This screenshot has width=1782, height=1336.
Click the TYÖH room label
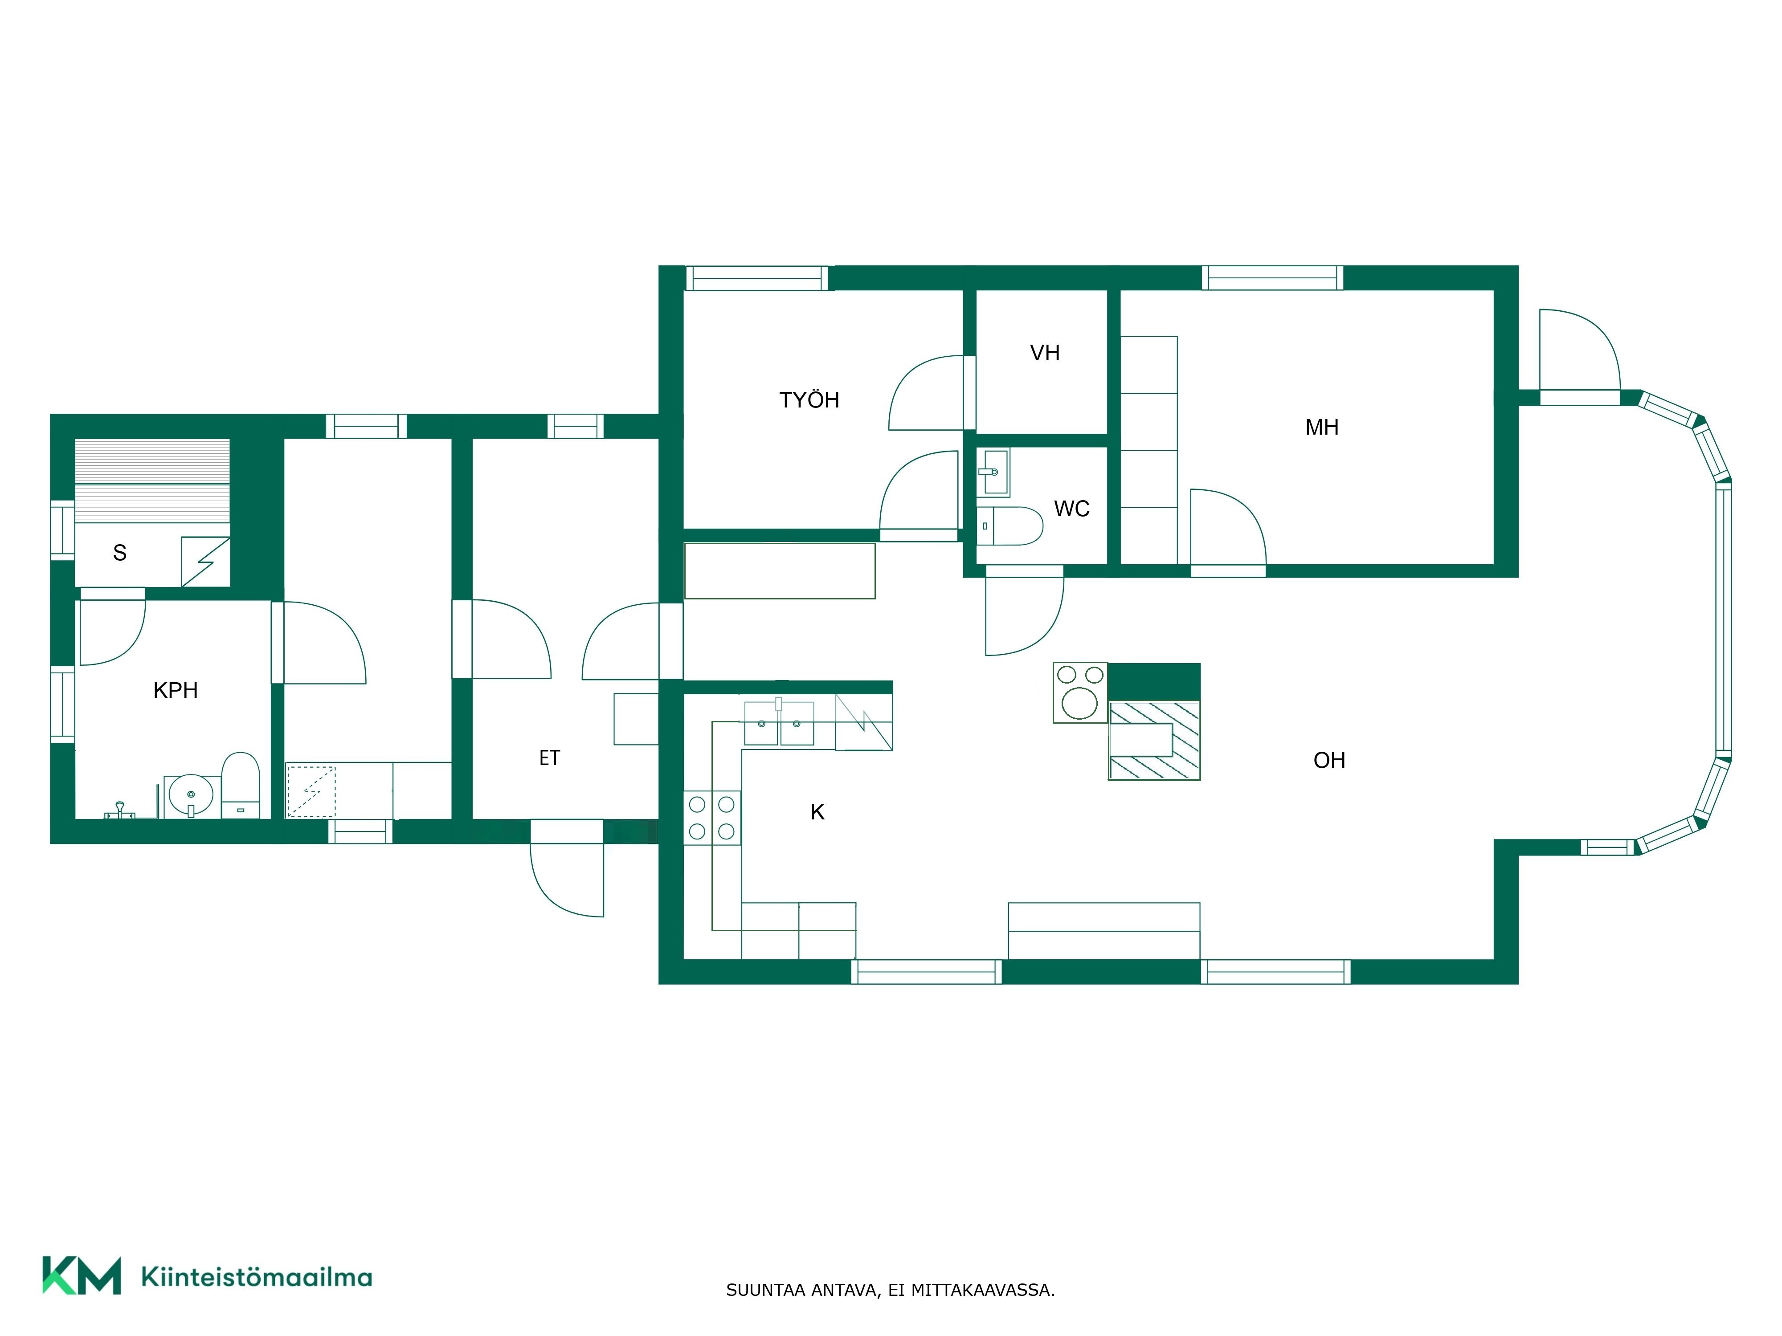809,400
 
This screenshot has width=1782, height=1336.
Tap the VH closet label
1045,353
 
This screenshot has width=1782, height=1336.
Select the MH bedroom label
1322,428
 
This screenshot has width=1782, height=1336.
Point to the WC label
1071,509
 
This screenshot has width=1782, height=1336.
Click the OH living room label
1329,760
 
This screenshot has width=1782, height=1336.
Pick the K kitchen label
817,813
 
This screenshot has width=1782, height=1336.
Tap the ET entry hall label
549,758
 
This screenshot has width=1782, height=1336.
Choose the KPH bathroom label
176,690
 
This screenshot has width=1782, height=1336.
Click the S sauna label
120,553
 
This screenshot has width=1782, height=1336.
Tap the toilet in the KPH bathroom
240,785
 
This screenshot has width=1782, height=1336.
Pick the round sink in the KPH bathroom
192,796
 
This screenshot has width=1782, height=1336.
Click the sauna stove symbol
205,561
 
